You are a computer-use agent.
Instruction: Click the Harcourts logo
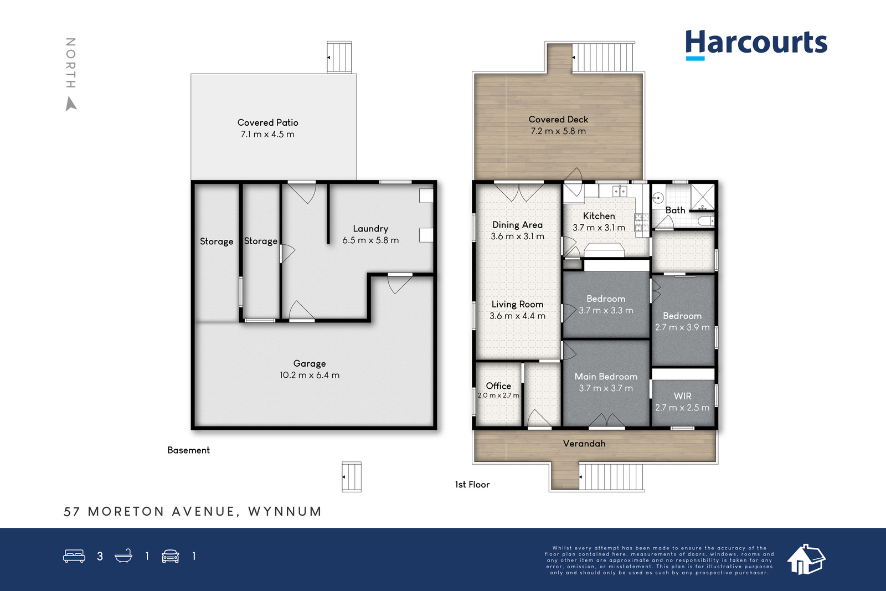[x=756, y=45]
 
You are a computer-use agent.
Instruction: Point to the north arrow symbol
[x=70, y=104]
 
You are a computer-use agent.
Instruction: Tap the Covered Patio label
[x=268, y=122]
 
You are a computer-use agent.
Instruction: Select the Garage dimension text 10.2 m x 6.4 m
[x=310, y=375]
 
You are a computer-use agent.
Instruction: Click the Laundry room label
[x=370, y=229]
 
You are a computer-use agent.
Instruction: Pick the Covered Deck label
[x=558, y=120]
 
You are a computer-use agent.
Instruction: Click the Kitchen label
[x=599, y=216]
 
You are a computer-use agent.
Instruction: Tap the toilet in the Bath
[x=706, y=221]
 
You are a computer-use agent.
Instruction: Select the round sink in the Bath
[x=658, y=198]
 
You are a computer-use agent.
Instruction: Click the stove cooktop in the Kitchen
[x=641, y=222]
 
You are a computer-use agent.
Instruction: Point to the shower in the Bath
[x=703, y=197]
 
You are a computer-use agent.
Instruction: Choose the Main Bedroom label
[x=606, y=377]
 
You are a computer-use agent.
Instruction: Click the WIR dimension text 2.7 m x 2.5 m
[x=682, y=408]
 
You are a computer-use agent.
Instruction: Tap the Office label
[x=498, y=386]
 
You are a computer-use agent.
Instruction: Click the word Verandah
[x=584, y=444]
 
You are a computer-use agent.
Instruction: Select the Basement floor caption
[x=188, y=450]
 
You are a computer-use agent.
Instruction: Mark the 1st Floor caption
[x=472, y=485]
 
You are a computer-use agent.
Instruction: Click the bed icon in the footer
[x=74, y=556]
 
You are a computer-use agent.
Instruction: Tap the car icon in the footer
[x=171, y=556]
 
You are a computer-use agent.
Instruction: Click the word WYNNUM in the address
[x=285, y=511]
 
